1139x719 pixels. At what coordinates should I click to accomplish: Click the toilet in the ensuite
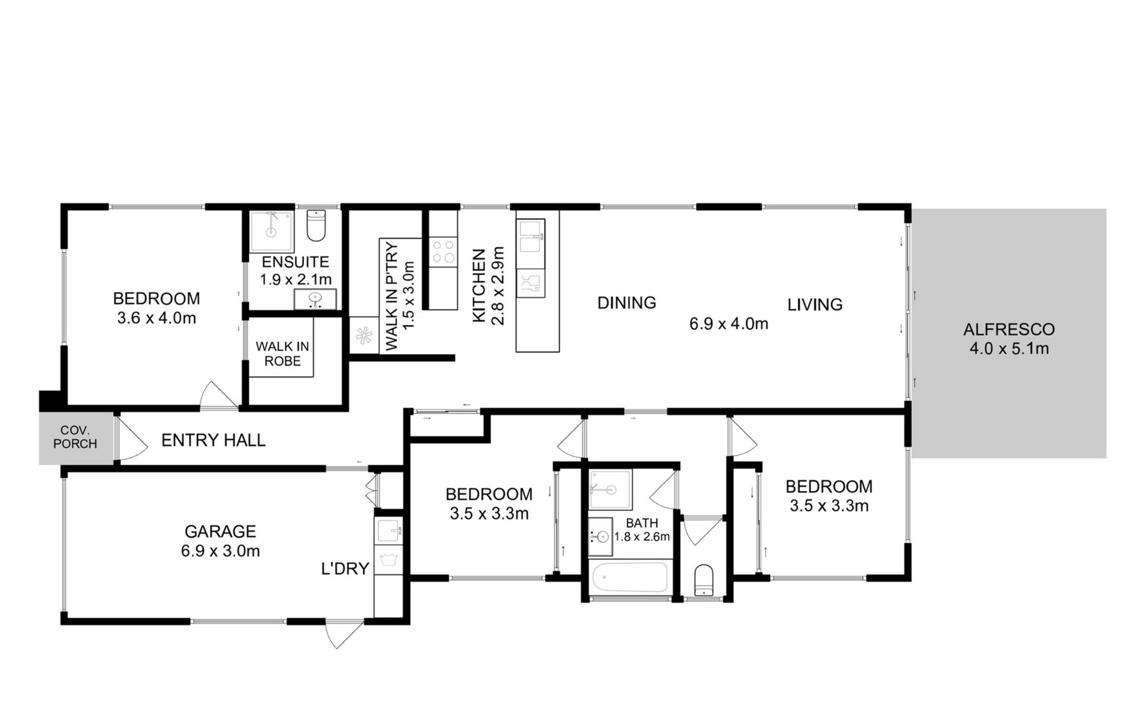pyautogui.click(x=316, y=225)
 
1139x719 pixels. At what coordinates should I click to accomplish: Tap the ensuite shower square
pyautogui.click(x=271, y=231)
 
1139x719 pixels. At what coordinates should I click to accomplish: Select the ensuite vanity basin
pyautogui.click(x=315, y=299)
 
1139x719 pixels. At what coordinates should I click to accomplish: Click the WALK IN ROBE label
pyautogui.click(x=282, y=354)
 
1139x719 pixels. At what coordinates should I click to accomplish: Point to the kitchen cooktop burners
pyautogui.click(x=443, y=251)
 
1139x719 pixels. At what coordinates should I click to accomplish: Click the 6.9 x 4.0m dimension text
pyautogui.click(x=728, y=324)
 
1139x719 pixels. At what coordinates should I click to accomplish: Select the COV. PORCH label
pyautogui.click(x=75, y=437)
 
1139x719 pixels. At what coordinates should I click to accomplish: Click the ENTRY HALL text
pyautogui.click(x=213, y=440)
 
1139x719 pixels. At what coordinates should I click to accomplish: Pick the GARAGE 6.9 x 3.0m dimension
pyautogui.click(x=220, y=551)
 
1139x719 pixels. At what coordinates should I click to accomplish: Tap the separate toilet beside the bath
pyautogui.click(x=704, y=580)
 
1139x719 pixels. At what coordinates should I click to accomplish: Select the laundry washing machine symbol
pyautogui.click(x=389, y=561)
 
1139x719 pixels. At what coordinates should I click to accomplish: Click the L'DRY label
pyautogui.click(x=345, y=569)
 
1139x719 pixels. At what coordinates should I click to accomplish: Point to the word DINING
pyautogui.click(x=626, y=303)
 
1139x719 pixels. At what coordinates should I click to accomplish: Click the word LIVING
pyautogui.click(x=815, y=305)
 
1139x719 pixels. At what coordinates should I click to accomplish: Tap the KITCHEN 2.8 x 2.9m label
pyautogui.click(x=488, y=287)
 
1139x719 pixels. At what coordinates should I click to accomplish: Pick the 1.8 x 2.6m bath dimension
pyautogui.click(x=642, y=537)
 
